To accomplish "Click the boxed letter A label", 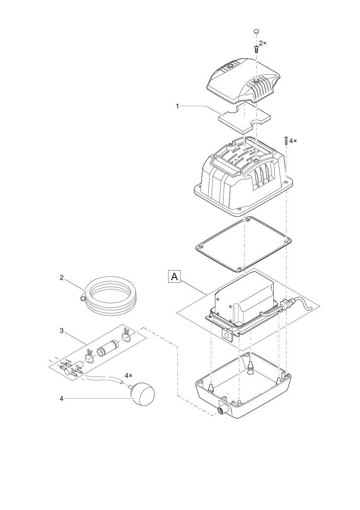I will tap(174, 277).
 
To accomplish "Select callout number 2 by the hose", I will tap(62, 278).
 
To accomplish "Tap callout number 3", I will tap(62, 331).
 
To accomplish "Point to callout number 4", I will tap(62, 399).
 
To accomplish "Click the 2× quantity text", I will tap(263, 43).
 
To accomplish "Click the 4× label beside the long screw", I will tap(293, 140).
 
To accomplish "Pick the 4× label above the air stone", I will tap(128, 376).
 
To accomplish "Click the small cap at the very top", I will tap(256, 31).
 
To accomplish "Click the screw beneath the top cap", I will tap(256, 48).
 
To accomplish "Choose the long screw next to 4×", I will tap(286, 141).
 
